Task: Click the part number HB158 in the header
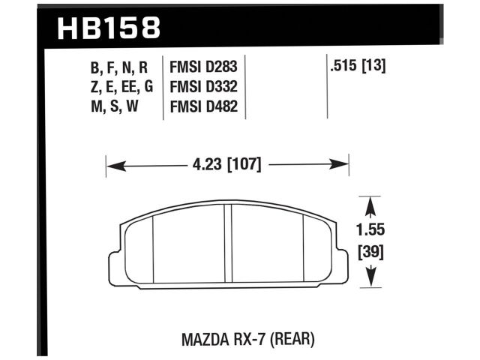tap(108, 28)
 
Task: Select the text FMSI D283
tap(204, 68)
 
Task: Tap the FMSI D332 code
tap(204, 87)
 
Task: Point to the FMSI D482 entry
tap(204, 106)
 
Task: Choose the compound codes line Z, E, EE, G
tap(121, 87)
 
